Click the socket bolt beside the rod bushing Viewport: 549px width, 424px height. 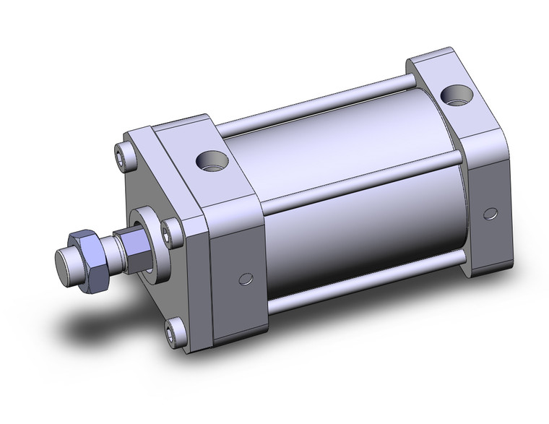coord(170,233)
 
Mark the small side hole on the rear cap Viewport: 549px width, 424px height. coord(491,213)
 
